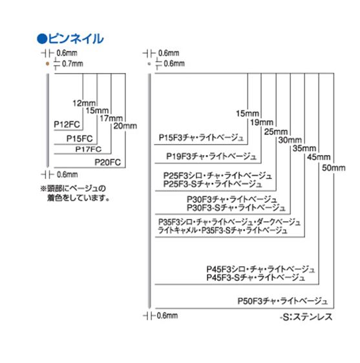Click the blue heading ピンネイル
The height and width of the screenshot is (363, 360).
pyautogui.click(x=70, y=39)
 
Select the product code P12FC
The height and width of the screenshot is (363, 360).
pyautogui.click(x=67, y=125)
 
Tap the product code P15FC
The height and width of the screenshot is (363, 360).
pyautogui.click(x=79, y=139)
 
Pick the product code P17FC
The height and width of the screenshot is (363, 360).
pyautogui.click(x=89, y=149)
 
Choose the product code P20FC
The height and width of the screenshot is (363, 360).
pyautogui.click(x=108, y=162)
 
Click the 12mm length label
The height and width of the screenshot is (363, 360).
pyautogui.click(x=84, y=103)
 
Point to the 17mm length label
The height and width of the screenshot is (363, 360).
pyautogui.click(x=111, y=118)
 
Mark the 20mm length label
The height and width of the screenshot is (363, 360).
pyautogui.click(x=125, y=126)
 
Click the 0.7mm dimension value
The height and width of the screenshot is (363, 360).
pyautogui.click(x=72, y=63)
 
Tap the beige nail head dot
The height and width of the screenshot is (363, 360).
pyautogui.click(x=47, y=64)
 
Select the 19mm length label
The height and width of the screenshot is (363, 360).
pyautogui.click(x=262, y=122)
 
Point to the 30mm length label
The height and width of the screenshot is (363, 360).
pyautogui.click(x=290, y=140)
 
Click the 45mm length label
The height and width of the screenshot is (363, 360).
pyautogui.click(x=319, y=157)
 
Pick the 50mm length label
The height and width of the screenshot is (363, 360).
pyautogui.click(x=334, y=168)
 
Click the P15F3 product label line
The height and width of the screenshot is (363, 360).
pyautogui.click(x=201, y=138)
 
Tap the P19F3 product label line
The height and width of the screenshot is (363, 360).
pyautogui.click(x=211, y=156)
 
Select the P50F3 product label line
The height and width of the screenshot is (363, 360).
pyautogui.click(x=282, y=301)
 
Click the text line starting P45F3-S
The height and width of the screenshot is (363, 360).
pyautogui.click(x=255, y=277)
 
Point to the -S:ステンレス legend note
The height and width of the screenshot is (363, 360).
pyautogui.click(x=306, y=317)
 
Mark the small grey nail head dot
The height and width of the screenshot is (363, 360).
pyautogui.click(x=149, y=64)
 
